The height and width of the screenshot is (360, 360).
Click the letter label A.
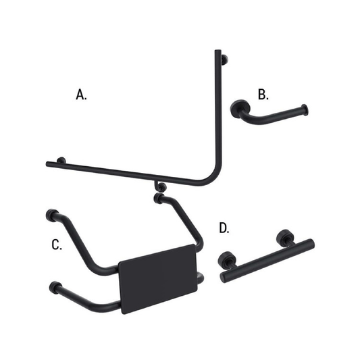click(x=82, y=95)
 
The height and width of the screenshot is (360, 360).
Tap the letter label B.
click(x=261, y=94)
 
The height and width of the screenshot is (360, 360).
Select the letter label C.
click(x=57, y=244)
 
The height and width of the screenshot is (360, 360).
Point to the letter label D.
click(x=224, y=228)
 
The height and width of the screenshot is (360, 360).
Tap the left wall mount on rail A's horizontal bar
click(x=61, y=160)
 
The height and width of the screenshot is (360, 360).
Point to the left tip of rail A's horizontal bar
click(x=49, y=163)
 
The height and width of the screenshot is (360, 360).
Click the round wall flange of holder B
click(x=238, y=109)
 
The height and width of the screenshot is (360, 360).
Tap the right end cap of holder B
click(x=307, y=109)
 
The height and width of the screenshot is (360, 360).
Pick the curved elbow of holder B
click(x=249, y=121)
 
